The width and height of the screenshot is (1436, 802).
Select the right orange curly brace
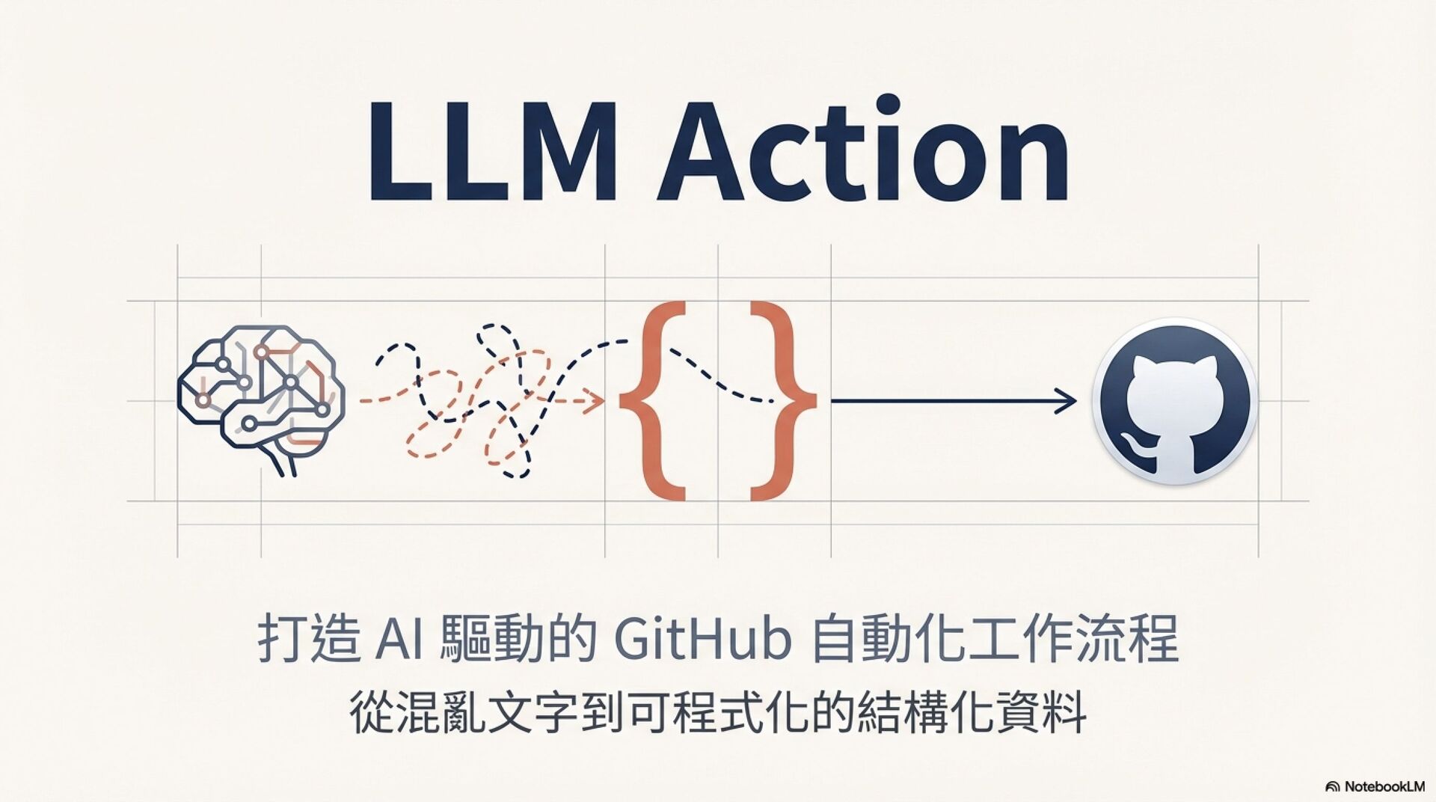[782, 400]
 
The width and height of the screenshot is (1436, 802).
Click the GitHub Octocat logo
[1173, 401]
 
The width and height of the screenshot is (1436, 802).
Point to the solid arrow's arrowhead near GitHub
[1070, 401]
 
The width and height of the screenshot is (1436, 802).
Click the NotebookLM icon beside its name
[1332, 787]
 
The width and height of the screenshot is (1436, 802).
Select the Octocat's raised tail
[1133, 447]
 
